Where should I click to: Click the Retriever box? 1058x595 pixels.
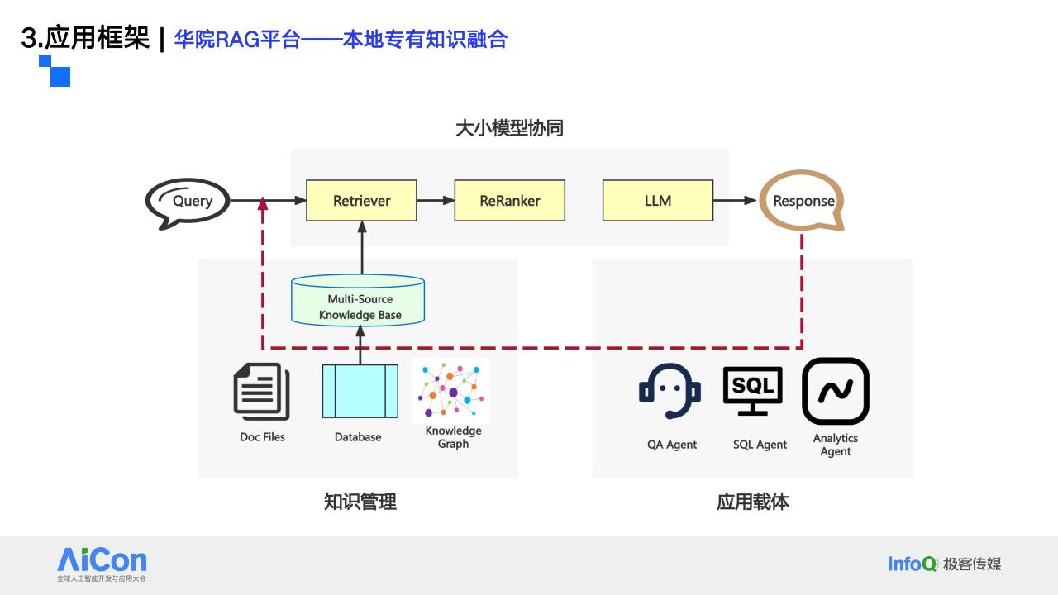click(x=361, y=200)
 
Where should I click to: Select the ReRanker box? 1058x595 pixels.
click(x=510, y=200)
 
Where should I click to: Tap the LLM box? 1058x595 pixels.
click(x=658, y=200)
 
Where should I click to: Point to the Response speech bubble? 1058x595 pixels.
click(x=763, y=201)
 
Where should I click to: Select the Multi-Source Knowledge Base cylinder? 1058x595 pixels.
click(x=358, y=300)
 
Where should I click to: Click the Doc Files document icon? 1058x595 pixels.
click(x=262, y=392)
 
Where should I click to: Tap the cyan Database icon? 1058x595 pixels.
click(x=360, y=391)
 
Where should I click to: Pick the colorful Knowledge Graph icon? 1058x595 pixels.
click(x=450, y=391)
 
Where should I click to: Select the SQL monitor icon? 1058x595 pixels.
click(x=752, y=391)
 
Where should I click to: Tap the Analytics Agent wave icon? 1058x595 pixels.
click(x=836, y=391)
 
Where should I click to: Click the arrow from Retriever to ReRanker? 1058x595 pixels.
click(x=436, y=200)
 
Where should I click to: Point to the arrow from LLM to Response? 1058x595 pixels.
click(x=735, y=200)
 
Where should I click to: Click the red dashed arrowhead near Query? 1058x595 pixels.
click(x=263, y=203)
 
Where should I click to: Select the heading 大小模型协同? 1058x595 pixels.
click(x=509, y=128)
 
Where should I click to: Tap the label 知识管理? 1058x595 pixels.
click(x=360, y=502)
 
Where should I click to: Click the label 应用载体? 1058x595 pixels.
click(x=752, y=502)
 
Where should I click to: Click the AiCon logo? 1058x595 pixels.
click(x=102, y=564)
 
